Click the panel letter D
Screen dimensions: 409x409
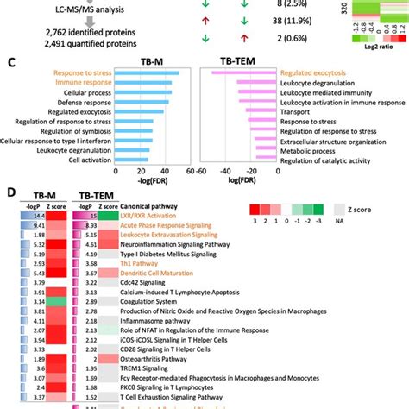tap(9, 194)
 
